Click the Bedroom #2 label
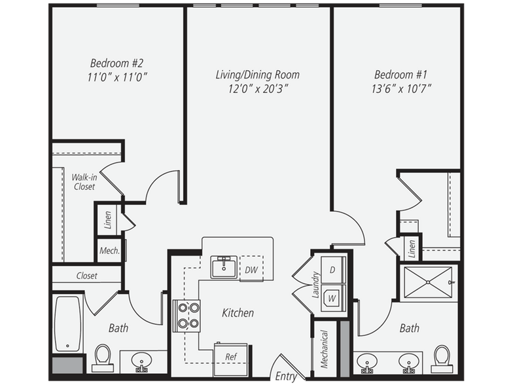116,63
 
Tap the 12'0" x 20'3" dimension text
258,89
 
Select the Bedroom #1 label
400,75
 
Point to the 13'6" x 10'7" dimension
401,89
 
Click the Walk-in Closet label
84,182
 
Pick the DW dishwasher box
251,268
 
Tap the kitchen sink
224,267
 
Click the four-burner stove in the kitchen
186,316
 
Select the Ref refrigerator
230,359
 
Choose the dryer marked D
333,270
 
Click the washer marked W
333,298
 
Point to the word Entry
285,376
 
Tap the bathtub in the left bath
67,323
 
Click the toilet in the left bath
102,357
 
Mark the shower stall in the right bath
428,282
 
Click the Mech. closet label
110,251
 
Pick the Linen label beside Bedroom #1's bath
412,249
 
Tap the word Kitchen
238,313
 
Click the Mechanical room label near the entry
325,349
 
